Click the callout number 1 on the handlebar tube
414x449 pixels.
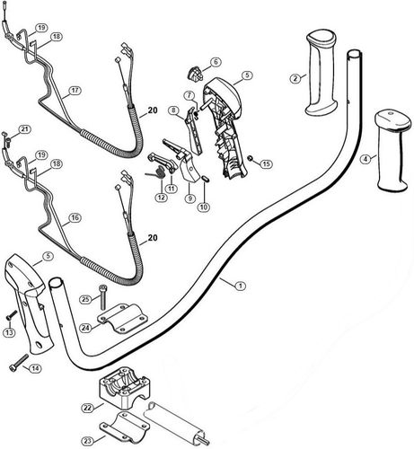pyautogui.click(x=239, y=285)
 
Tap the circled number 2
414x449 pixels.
pyautogui.click(x=295, y=78)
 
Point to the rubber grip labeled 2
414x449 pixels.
pyautogui.click(x=322, y=72)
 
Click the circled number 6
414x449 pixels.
pyautogui.click(x=216, y=62)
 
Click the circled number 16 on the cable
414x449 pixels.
pyautogui.click(x=75, y=217)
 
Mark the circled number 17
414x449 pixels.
pyautogui.click(x=75, y=91)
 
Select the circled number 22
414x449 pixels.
pyautogui.click(x=87, y=408)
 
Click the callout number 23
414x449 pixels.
pyautogui.click(x=87, y=440)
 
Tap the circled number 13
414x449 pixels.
pyautogui.click(x=10, y=332)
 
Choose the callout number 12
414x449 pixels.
pyautogui.click(x=161, y=198)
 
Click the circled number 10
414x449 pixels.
pyautogui.click(x=204, y=207)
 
